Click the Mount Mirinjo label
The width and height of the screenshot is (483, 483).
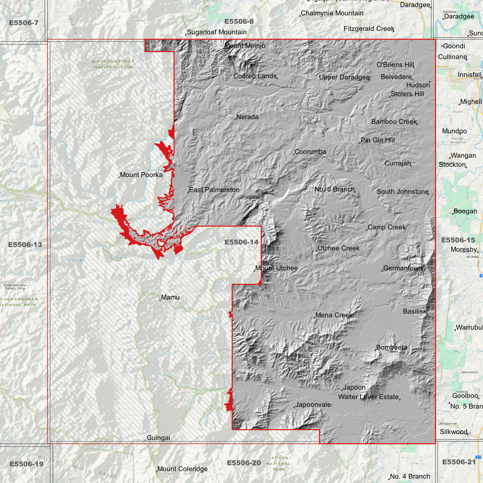coord(245,46)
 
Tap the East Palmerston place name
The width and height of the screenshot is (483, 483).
coord(214,190)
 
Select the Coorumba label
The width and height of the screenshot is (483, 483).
coord(310,152)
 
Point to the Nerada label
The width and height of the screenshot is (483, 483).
coord(247,117)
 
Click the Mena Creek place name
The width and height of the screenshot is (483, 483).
coord(334,315)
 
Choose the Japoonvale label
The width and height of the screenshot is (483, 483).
coord(313,405)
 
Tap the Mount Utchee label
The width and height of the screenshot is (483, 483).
coord(276,268)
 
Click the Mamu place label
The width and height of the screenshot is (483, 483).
coord(170,297)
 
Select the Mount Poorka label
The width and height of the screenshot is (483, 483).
coord(141,175)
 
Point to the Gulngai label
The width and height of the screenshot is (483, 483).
coord(158,438)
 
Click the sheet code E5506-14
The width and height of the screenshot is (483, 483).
coord(241,242)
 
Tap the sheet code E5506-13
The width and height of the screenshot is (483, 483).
coord(25,245)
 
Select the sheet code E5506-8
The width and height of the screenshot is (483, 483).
coord(239,22)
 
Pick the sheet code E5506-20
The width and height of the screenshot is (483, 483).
coord(244,463)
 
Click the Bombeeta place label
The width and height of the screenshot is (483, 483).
coord(392,347)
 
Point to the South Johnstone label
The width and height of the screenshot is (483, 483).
coord(402,192)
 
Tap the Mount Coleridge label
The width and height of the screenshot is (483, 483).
coord(182,469)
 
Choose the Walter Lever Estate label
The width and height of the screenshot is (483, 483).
coord(368,397)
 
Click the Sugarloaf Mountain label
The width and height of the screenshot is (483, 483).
coord(217,32)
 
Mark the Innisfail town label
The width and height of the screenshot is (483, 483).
coord(470,75)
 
